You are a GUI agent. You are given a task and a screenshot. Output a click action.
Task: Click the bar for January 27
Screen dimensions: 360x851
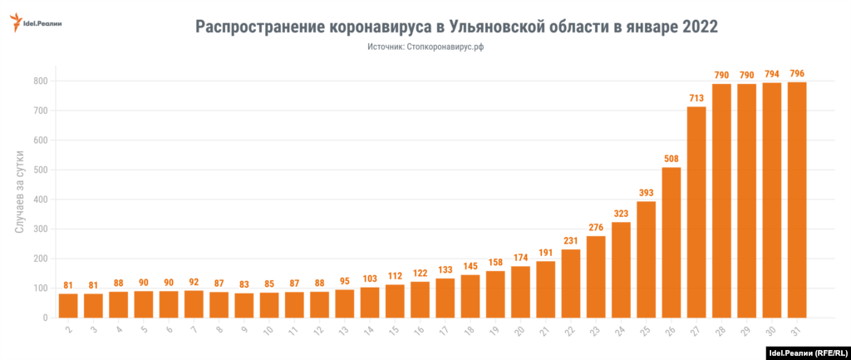[696, 212]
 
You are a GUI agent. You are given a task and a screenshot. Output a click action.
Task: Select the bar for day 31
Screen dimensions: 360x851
[797, 200]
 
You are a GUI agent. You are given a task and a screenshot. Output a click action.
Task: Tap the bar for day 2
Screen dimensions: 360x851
[68, 305]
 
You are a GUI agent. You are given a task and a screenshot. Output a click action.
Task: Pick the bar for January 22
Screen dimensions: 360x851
[571, 284]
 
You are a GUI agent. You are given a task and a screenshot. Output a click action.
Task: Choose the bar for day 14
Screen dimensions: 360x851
[370, 303]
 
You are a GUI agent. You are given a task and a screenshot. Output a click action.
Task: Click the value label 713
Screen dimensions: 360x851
[696, 98]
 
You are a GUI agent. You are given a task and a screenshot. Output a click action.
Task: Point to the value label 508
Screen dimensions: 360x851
[671, 159]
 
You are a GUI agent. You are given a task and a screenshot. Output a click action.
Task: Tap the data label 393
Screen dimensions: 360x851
[647, 193]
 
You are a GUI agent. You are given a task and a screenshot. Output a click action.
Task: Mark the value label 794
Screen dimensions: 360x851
[772, 74]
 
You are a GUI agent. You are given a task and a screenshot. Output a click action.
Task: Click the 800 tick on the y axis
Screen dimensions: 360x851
[40, 81]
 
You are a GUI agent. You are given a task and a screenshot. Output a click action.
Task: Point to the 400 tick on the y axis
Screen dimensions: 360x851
[40, 200]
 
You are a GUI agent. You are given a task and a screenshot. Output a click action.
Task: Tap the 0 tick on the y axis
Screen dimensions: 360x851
[45, 318]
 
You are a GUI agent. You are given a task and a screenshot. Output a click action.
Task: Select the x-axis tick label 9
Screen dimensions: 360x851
[243, 330]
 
